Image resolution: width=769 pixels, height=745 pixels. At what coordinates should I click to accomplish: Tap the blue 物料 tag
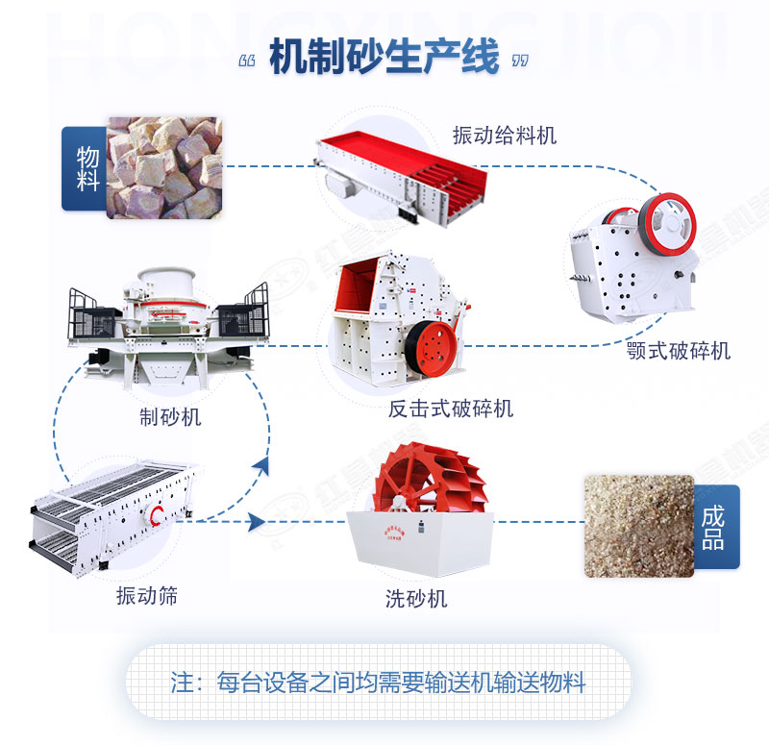pos(85,168)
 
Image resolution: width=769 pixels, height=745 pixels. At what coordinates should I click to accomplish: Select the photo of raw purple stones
pos(163,167)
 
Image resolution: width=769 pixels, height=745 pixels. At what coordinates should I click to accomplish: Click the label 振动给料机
pos(505,136)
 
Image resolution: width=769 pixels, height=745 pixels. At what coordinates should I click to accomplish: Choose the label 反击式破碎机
pos(450,408)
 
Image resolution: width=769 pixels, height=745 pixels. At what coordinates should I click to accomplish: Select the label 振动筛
pos(146,596)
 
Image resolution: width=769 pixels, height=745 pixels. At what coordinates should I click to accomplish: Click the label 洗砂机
pos(416,598)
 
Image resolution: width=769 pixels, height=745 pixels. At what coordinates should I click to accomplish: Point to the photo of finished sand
pos(638,525)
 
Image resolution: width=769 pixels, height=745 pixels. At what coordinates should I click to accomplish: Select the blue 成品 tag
pos(713,527)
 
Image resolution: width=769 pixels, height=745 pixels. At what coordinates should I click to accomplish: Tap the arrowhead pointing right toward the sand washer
pos(256,522)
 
